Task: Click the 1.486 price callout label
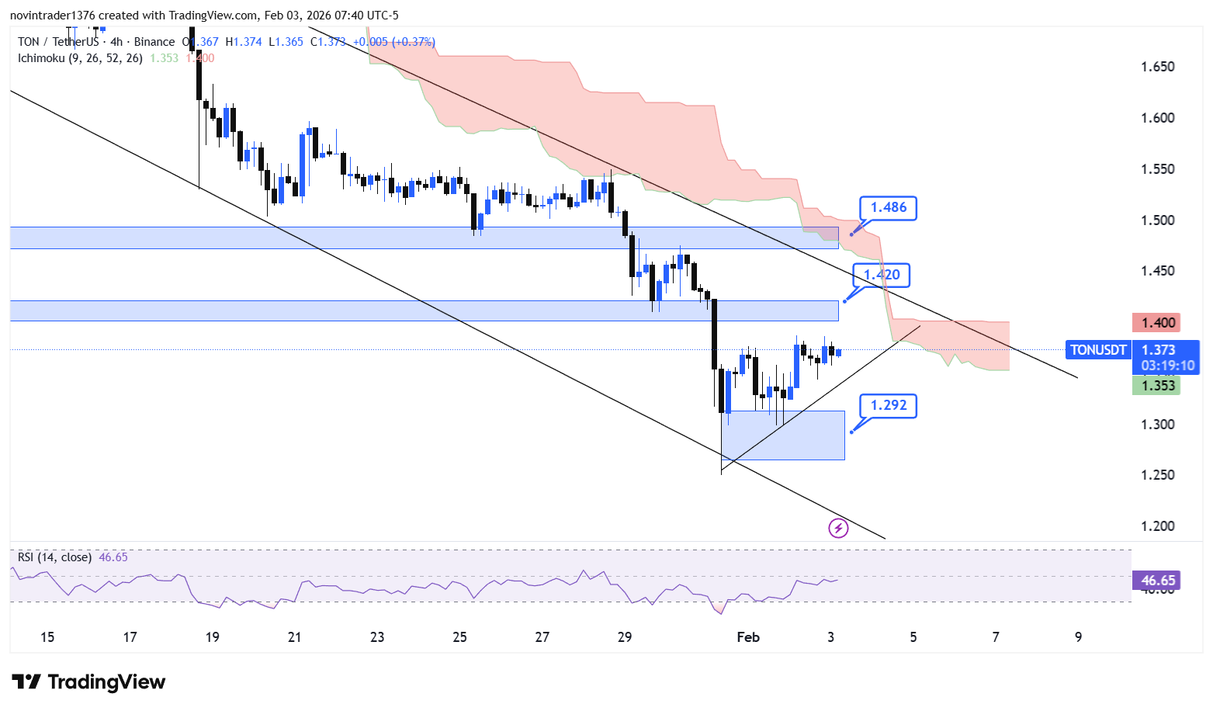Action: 888,208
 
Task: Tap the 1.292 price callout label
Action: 888,406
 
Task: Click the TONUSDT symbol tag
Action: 1097,350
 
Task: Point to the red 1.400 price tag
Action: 1157,323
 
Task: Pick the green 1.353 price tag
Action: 1157,386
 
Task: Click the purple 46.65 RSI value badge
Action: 1157,581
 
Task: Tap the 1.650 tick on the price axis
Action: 1157,67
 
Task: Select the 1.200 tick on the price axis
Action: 1157,526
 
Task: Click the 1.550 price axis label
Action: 1157,169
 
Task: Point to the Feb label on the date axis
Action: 748,637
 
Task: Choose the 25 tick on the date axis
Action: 459,637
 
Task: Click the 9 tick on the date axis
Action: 1078,637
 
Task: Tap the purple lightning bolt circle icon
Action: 838,529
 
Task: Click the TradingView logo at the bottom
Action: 89,682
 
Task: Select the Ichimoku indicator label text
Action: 80,58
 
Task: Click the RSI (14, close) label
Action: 54,557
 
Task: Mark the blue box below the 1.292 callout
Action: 782,435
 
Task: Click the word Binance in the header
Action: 154,42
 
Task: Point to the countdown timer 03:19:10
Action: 1167,366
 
